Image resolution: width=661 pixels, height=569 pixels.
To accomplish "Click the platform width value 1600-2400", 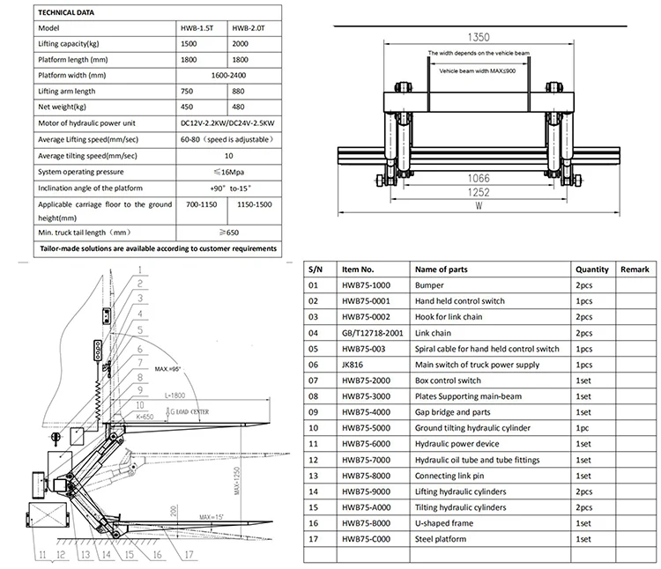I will [x=228, y=75].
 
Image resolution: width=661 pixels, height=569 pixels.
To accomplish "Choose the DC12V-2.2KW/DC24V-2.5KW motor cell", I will [x=228, y=123].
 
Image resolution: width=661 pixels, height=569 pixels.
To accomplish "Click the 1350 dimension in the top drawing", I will [x=479, y=38].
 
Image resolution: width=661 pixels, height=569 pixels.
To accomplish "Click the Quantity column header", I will [x=592, y=270].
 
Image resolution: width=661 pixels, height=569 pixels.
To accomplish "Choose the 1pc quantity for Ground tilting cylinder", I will [x=583, y=428].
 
